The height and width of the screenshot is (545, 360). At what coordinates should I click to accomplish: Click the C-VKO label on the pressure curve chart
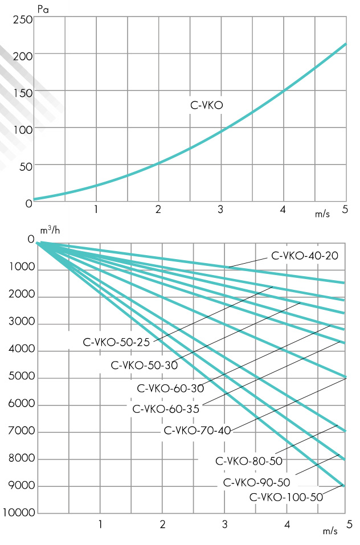(x=206, y=105)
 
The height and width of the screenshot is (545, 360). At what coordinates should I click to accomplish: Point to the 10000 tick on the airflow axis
(x=19, y=513)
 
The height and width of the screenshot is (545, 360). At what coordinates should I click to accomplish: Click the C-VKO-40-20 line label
(x=305, y=256)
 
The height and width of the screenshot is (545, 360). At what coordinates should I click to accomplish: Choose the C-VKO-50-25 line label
(x=117, y=342)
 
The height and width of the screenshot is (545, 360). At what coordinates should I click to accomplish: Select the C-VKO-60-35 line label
(x=166, y=408)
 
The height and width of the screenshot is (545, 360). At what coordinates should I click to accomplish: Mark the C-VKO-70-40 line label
(x=197, y=431)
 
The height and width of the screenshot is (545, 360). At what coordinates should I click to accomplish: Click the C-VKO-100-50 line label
(x=286, y=497)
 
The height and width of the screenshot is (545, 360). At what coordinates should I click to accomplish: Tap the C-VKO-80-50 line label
(x=249, y=460)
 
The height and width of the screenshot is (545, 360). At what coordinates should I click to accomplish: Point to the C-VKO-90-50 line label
(x=257, y=482)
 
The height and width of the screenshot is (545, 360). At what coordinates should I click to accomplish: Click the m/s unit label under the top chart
(x=322, y=215)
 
